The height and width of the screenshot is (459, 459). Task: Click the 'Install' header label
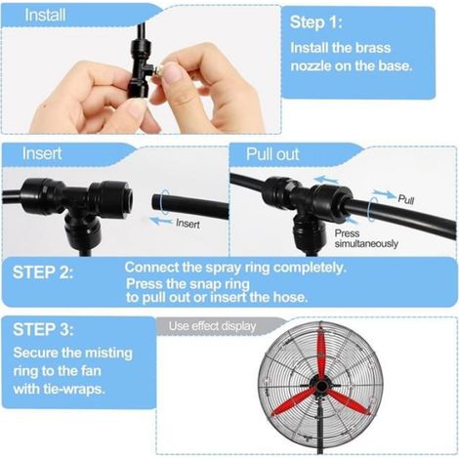click(45, 16)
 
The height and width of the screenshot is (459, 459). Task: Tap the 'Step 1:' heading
click(316, 22)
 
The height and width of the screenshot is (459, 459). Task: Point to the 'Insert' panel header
click(42, 153)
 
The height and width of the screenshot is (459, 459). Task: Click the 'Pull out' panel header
click(272, 154)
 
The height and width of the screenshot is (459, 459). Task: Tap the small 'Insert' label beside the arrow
click(188, 224)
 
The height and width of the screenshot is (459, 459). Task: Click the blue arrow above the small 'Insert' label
click(160, 221)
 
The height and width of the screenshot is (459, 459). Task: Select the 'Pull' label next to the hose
click(406, 199)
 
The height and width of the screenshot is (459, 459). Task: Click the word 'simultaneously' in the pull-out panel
click(366, 243)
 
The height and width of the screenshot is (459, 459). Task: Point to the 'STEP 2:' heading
click(43, 272)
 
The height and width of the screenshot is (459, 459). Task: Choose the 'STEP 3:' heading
click(43, 329)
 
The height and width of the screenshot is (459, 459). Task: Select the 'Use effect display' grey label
click(212, 326)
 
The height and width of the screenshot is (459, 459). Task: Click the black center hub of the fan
click(321, 387)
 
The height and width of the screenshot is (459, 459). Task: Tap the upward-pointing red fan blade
click(321, 354)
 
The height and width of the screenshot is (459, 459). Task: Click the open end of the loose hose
click(156, 201)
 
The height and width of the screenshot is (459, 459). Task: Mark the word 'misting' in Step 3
click(108, 354)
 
